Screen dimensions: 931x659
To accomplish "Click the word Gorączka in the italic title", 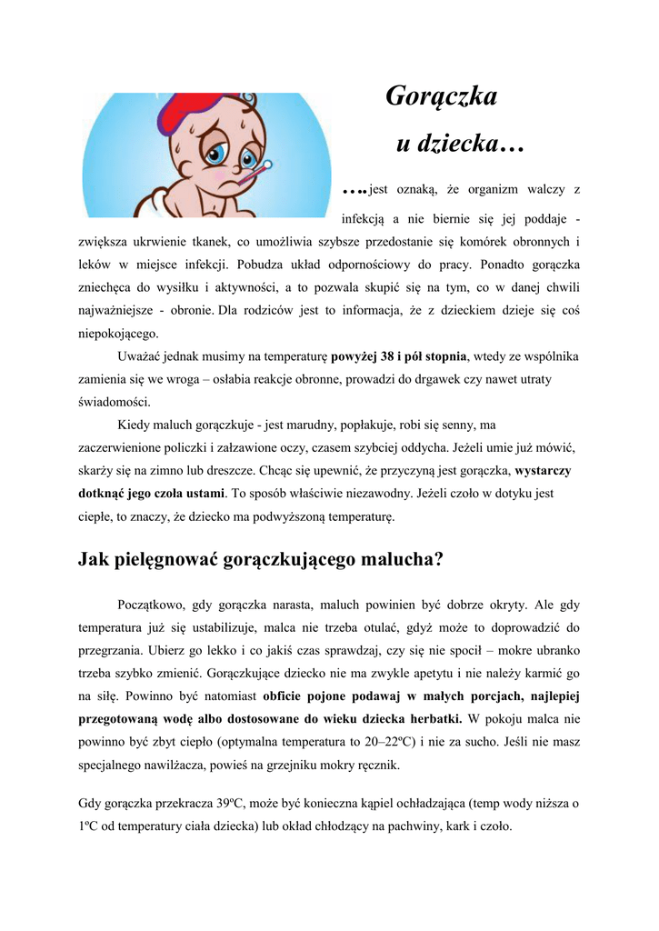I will pyautogui.click(x=442, y=96).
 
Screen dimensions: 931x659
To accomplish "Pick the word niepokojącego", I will pyautogui.click(x=118, y=333).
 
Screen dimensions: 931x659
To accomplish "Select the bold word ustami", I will pyautogui.click(x=203, y=494).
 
